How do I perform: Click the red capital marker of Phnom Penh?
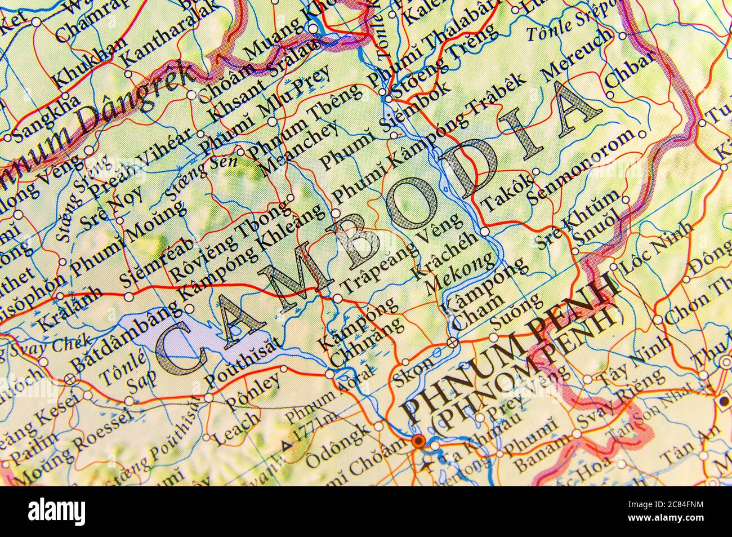click(x=418, y=441)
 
